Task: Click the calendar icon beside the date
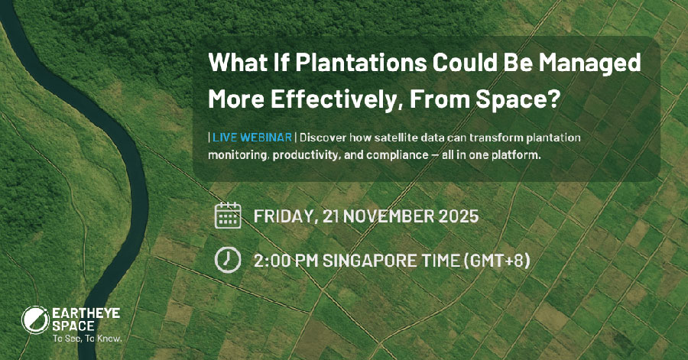tap(228, 216)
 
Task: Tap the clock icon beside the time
tap(228, 260)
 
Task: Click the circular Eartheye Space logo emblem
tap(35, 319)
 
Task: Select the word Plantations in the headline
tap(361, 62)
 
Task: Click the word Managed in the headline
tap(589, 63)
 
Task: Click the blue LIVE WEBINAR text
tap(252, 138)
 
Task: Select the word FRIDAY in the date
tap(284, 216)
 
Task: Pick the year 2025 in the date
tap(459, 216)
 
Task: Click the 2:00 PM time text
tap(286, 261)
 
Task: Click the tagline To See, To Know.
tap(87, 339)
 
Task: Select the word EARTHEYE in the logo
tap(86, 313)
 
